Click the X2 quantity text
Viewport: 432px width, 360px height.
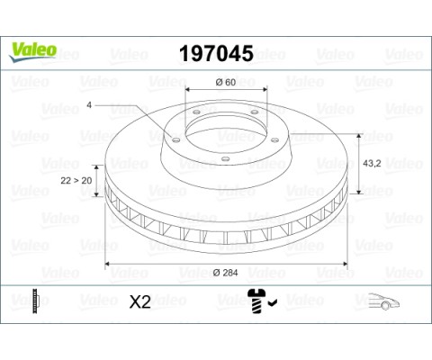pos(139,301)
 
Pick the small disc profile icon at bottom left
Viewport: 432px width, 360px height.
pos(32,301)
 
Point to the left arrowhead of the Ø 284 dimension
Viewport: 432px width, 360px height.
pos(110,263)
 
